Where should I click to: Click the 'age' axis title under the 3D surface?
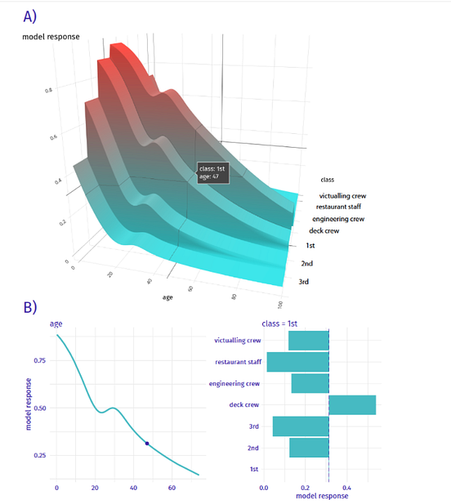168,297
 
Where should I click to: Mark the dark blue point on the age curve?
147,444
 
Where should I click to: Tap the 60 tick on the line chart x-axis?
172,488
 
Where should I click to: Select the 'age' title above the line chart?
56,323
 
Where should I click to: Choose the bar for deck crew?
352,404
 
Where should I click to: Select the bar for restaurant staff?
297,362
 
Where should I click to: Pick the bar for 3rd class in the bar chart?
300,426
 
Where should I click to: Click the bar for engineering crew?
310,383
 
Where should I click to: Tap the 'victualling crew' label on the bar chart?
237,341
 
